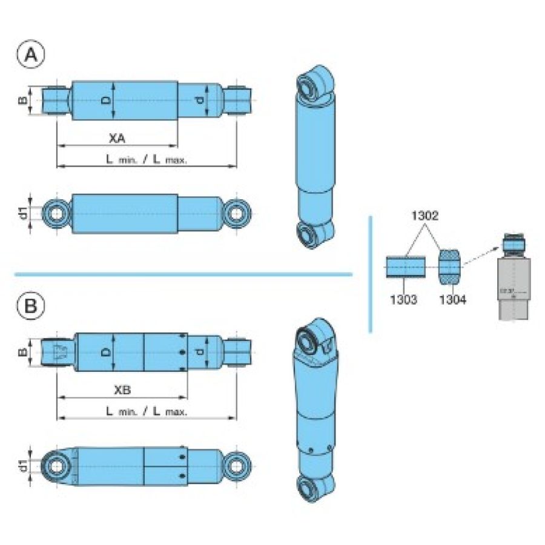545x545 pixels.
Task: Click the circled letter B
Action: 31,306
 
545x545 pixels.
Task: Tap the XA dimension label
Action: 117,139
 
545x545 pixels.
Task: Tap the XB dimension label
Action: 122,390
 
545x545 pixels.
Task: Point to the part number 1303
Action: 403,299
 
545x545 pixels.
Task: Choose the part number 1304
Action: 452,299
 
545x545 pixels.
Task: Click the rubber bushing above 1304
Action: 451,266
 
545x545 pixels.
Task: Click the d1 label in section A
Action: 22,213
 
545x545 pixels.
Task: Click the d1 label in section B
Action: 22,466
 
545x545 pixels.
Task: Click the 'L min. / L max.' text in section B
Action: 147,411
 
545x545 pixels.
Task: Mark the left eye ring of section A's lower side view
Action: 57,213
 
